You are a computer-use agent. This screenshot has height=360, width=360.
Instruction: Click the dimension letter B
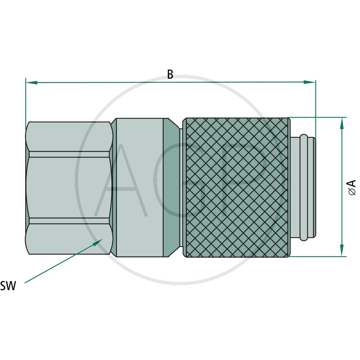tap(170, 75)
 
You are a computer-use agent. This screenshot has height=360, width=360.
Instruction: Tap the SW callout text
tap(8, 286)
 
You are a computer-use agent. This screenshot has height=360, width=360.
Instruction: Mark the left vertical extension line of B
tap(26, 101)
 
